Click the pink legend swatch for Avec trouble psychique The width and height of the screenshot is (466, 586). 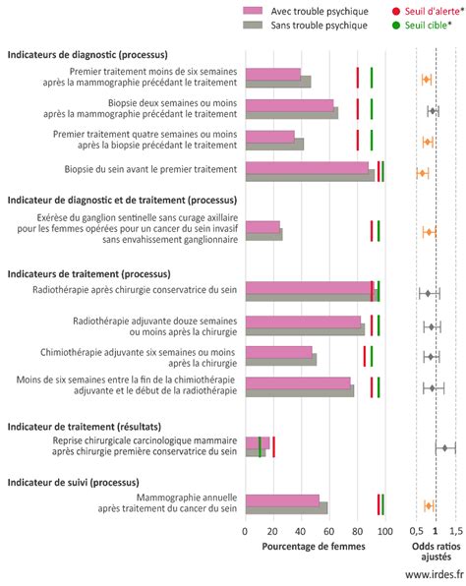click(253, 11)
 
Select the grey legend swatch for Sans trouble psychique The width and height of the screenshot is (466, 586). click(253, 25)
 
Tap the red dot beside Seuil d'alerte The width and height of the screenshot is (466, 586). click(396, 11)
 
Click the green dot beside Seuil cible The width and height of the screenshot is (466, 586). click(396, 25)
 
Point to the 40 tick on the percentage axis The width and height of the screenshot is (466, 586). click(301, 532)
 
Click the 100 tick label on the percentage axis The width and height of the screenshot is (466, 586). click(384, 532)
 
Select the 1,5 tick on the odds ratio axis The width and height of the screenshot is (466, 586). click(456, 531)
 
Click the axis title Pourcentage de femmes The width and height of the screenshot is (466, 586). click(314, 547)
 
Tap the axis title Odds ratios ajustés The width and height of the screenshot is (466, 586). click(437, 552)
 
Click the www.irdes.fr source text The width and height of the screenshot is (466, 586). click(435, 573)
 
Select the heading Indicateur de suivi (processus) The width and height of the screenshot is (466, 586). click(74, 483)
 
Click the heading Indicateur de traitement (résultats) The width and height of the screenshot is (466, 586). click(85, 427)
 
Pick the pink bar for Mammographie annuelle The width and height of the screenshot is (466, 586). click(282, 500)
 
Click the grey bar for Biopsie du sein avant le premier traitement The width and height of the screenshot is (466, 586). click(310, 176)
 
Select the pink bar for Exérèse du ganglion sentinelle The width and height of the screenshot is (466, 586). click(262, 227)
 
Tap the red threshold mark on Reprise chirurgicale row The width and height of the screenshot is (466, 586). click(273, 446)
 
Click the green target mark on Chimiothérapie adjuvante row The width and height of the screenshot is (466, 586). click(372, 356)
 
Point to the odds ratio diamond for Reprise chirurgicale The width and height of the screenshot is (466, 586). click(444, 447)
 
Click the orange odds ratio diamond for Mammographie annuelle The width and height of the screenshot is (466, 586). click(429, 506)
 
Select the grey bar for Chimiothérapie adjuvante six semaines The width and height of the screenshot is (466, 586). click(281, 360)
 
